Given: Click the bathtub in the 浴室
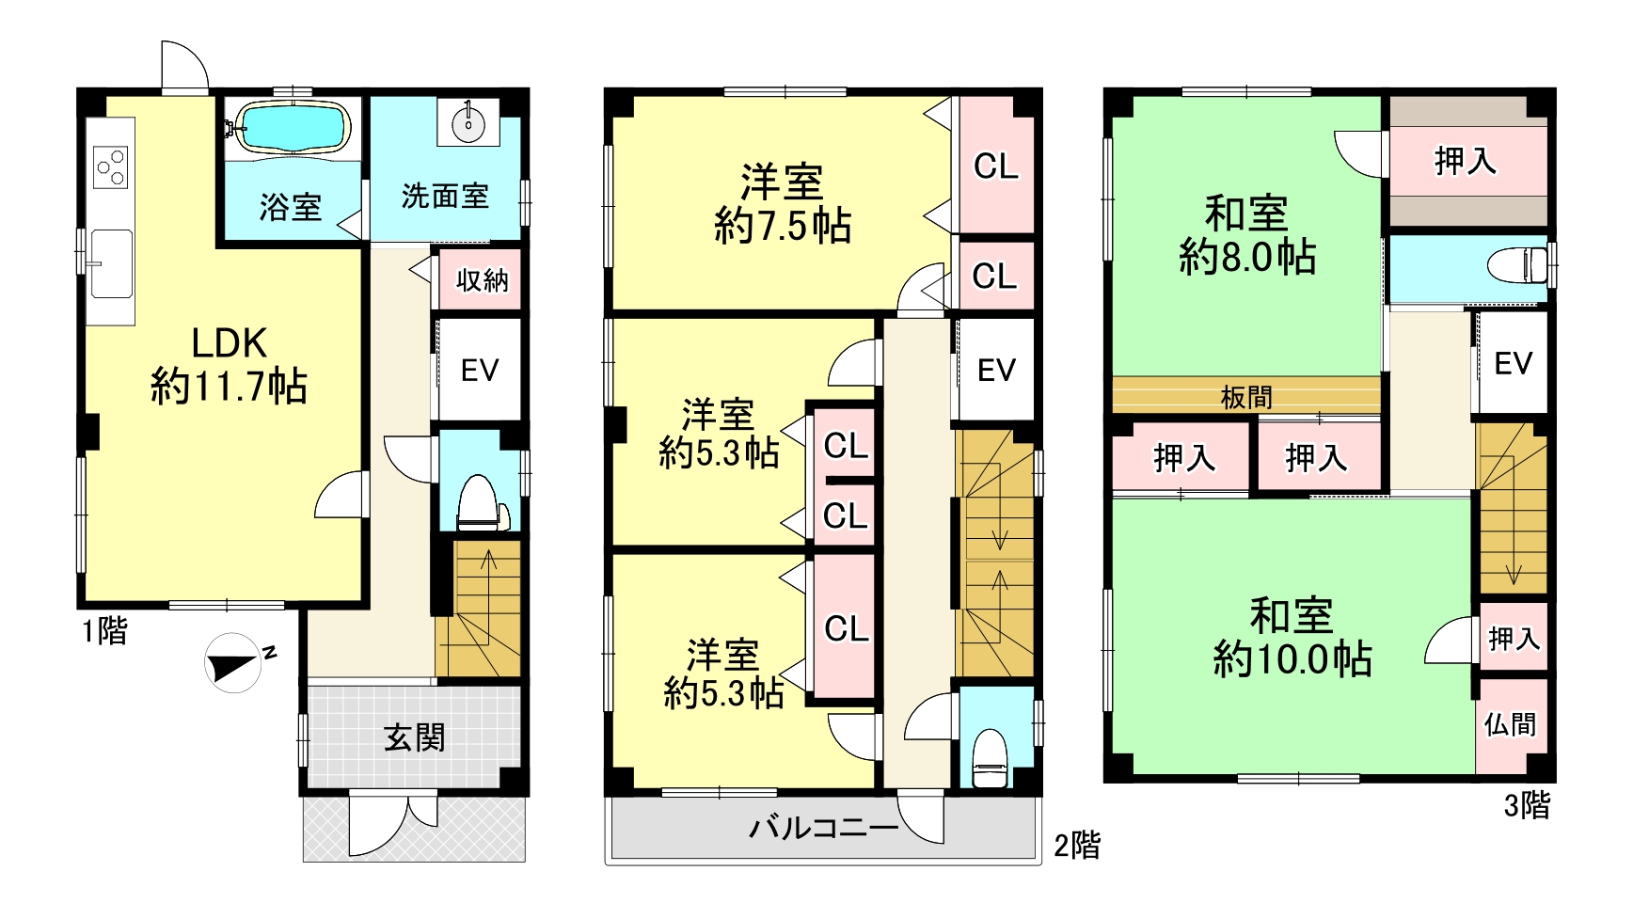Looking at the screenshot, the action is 293,125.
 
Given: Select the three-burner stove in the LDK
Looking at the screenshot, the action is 111,166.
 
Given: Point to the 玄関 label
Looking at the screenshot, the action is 414,737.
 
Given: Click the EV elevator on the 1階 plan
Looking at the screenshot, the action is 480,370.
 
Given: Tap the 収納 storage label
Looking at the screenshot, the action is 483,279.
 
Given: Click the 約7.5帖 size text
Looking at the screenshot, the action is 783,227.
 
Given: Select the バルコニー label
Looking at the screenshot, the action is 823,829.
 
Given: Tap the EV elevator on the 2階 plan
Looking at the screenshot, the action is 997,370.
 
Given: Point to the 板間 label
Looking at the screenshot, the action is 1246,397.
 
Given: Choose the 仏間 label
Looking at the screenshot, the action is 1511,724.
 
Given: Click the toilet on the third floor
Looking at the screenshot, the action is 1517,264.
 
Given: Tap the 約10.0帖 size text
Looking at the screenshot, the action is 1292,659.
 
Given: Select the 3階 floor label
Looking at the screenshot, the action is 1527,805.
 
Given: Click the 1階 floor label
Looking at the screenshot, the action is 104,630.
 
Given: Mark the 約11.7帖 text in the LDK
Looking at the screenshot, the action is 230,387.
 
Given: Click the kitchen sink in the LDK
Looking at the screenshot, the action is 111,263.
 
